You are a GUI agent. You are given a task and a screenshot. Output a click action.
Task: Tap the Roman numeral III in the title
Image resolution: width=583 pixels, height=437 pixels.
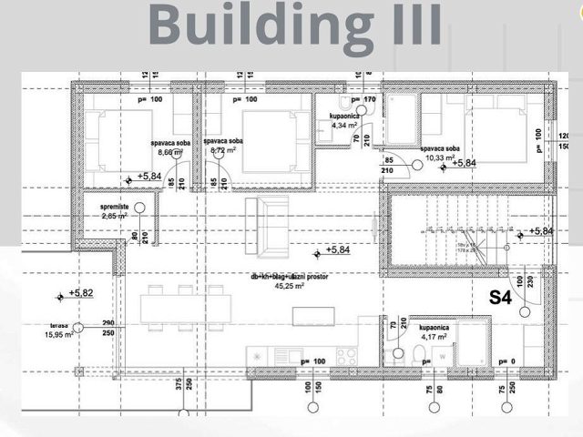click(409, 25)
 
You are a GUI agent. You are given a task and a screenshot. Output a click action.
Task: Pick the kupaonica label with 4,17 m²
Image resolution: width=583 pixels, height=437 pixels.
click(433, 325)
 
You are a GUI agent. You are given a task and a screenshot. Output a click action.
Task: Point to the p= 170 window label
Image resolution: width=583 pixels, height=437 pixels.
click(362, 99)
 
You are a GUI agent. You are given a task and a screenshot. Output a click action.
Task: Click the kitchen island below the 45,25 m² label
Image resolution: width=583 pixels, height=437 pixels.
click(310, 316)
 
